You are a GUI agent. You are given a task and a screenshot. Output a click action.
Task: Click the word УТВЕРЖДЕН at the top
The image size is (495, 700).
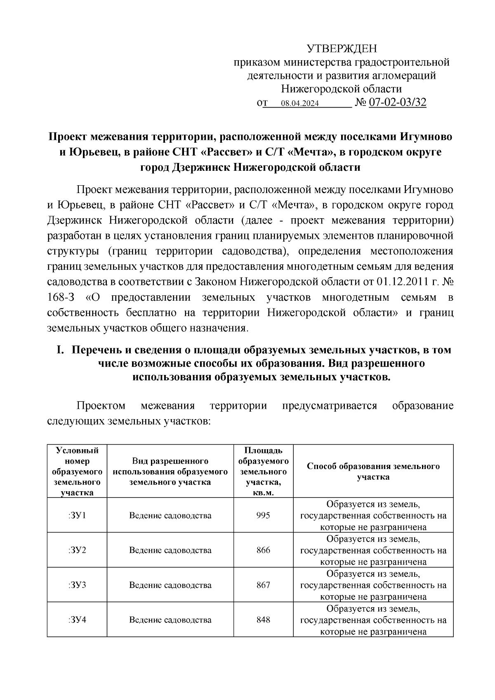click(342, 49)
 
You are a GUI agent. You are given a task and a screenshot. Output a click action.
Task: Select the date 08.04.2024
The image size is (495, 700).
click(299, 104)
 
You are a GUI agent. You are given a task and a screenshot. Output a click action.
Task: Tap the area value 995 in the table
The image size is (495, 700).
click(263, 516)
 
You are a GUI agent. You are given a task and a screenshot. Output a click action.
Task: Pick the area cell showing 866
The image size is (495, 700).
click(263, 550)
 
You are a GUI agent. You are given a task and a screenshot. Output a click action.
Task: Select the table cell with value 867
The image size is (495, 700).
click(263, 585)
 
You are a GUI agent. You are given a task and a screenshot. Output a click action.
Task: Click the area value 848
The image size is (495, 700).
click(263, 620)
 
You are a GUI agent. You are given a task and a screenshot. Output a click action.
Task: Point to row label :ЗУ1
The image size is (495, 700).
click(77, 516)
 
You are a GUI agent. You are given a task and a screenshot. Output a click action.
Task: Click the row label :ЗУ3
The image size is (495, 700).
click(77, 585)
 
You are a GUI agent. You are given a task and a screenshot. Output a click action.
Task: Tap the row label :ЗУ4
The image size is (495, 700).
click(77, 620)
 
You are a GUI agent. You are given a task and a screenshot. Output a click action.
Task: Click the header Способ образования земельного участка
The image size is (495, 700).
click(373, 471)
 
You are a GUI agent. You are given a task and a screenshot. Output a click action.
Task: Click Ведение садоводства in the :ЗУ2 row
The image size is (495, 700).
click(170, 550)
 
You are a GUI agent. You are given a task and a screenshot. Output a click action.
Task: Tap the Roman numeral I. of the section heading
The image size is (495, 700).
click(60, 350)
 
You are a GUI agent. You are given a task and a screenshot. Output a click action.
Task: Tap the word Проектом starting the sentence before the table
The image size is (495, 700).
click(101, 406)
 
